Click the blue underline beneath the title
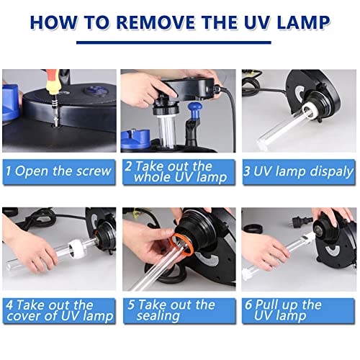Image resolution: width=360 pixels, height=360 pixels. [174, 42]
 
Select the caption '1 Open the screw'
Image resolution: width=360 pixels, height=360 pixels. [58, 171]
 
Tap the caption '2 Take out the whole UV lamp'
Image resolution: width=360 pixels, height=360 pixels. [176, 172]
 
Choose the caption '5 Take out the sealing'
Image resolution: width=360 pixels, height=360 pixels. [171, 310]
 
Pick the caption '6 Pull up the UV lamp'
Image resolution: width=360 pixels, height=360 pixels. [283, 310]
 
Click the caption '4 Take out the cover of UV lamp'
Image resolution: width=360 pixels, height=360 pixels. [60, 310]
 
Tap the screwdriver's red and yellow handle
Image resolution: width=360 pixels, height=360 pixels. [52, 81]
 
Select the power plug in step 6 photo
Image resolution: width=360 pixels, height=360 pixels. [302, 220]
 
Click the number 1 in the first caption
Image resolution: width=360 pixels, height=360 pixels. [9, 171]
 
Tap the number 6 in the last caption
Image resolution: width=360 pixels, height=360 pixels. [248, 305]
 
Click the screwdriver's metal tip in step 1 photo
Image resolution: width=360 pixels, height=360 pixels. [56, 120]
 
